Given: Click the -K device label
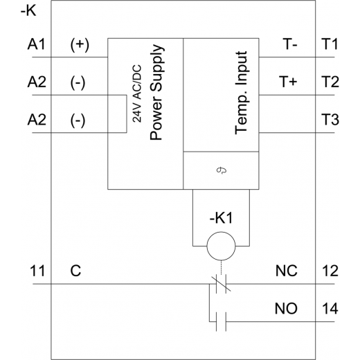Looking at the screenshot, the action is point(28,10).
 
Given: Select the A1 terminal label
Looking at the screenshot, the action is point(37,44).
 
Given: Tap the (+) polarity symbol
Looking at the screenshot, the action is point(80,45).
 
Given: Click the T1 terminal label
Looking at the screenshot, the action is point(330,44).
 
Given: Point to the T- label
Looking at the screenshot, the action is point(290,44).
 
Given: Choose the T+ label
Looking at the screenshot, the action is point(288,82).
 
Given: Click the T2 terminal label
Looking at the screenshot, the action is point(330,82).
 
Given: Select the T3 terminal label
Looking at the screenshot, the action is point(330,119).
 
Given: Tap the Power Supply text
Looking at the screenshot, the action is point(156,92).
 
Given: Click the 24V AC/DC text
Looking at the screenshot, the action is point(137,93).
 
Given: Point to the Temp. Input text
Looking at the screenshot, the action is point(241,93).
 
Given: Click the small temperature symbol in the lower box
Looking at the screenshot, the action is point(222,170).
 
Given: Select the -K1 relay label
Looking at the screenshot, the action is point(221,217).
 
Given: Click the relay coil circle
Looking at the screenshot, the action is point(221,233).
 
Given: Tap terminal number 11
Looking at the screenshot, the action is point(37,271).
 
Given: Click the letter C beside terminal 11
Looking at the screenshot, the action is point(75,271).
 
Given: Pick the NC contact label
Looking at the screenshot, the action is point(287,271).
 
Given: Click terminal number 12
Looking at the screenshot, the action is point(330,271).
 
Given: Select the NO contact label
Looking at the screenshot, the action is point(286,308).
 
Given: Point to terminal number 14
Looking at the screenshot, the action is point(330,308).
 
